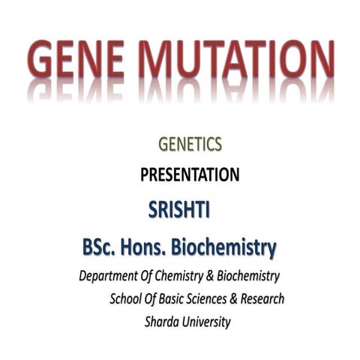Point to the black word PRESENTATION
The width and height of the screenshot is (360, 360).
point(190,175)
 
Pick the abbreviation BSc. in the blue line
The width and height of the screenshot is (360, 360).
point(102,247)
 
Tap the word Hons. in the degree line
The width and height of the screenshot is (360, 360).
point(152,247)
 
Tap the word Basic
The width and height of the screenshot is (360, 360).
point(180,299)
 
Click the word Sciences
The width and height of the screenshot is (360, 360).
point(217,299)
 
